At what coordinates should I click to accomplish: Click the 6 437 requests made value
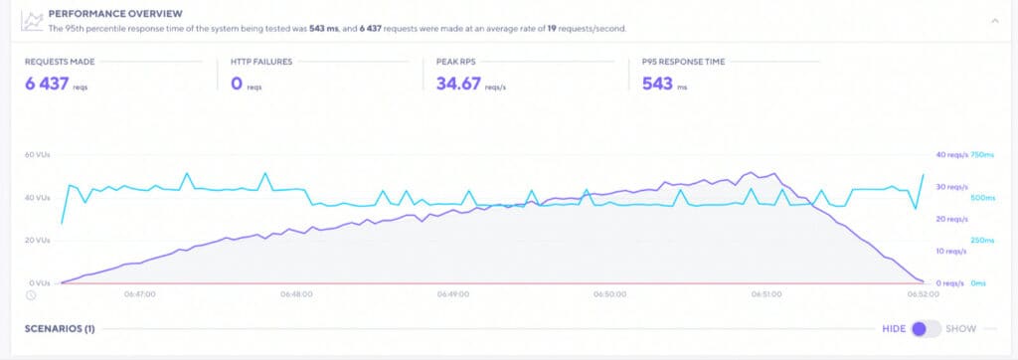[47, 84]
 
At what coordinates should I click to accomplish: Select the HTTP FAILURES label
[259, 62]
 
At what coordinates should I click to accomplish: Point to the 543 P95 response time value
[658, 84]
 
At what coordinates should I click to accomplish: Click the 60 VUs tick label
[38, 155]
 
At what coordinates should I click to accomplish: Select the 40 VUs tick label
[38, 198]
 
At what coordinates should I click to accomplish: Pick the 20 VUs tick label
[38, 241]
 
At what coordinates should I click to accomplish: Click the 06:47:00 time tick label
[138, 294]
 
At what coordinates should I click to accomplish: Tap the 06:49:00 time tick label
[452, 294]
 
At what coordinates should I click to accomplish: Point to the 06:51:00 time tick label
[766, 294]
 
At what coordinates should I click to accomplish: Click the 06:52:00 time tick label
[924, 294]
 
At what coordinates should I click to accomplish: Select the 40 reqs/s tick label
[951, 155]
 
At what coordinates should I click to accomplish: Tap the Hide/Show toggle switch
[926, 328]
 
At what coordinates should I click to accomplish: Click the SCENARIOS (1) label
[59, 328]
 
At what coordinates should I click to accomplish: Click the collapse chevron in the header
[995, 19]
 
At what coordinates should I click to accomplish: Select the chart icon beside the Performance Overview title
[33, 19]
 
